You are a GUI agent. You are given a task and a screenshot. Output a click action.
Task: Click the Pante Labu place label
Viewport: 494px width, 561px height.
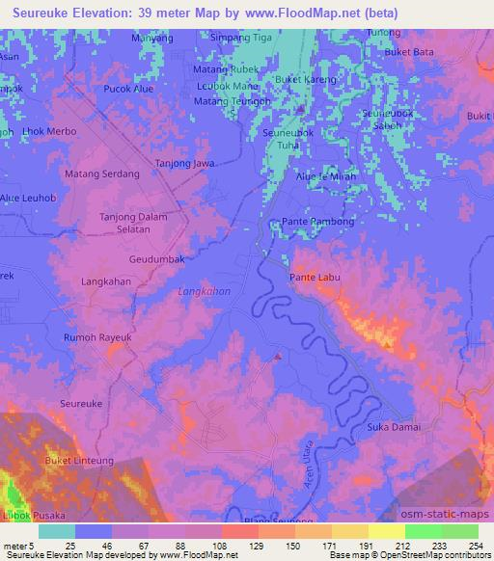pos(316,277)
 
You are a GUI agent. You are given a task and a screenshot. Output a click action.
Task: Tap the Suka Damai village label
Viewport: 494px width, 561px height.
pos(390,426)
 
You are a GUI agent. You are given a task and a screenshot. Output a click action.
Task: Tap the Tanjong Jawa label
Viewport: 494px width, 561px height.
pos(185,164)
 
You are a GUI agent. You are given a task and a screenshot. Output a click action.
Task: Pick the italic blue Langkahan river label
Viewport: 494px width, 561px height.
pos(205,290)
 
